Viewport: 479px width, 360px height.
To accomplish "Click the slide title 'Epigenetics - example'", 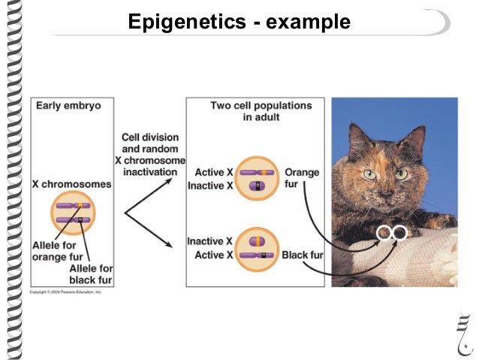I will click(x=239, y=22).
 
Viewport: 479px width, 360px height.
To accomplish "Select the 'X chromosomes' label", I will click(x=71, y=184).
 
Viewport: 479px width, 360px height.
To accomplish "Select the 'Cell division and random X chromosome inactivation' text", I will click(x=149, y=155).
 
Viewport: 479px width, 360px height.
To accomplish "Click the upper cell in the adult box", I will click(x=257, y=178).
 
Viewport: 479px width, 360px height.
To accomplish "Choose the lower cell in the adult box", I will click(x=257, y=249).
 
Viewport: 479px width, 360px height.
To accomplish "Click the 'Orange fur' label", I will click(x=301, y=178).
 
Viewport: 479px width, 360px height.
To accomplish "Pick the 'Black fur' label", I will click(x=303, y=256).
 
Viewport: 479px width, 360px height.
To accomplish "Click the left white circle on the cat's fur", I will click(x=384, y=233).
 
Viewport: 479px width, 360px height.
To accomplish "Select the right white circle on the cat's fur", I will click(x=399, y=233).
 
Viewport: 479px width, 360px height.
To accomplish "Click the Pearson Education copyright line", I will click(x=66, y=291).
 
